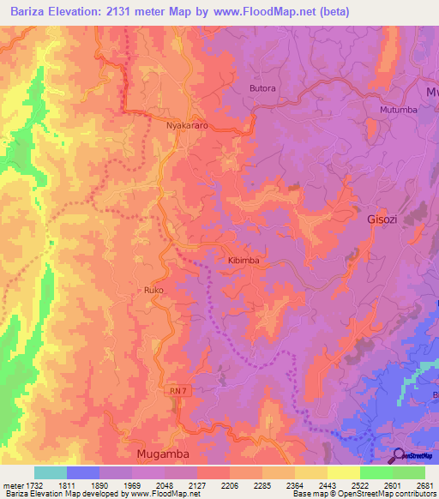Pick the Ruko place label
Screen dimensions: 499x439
[153, 291]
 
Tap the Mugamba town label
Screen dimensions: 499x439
[161, 453]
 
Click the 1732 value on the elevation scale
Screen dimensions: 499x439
[35, 484]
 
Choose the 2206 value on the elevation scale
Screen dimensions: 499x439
[230, 484]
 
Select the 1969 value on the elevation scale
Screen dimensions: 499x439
[133, 484]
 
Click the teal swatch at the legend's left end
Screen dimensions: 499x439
[51, 472]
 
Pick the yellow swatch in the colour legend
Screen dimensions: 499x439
[343, 472]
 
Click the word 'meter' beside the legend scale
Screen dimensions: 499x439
[12, 484]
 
